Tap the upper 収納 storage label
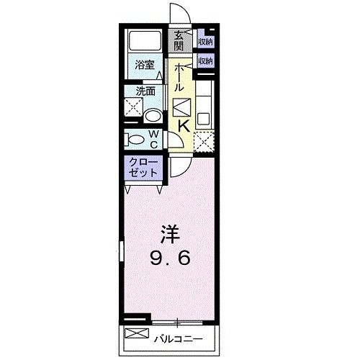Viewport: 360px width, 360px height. (x=205, y=42)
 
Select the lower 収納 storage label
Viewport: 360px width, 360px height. (x=205, y=61)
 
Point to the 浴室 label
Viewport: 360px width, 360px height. (x=144, y=66)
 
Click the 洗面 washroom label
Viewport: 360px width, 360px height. (x=147, y=92)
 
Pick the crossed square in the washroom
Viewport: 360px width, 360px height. (x=132, y=109)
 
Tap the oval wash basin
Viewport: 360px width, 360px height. (x=153, y=115)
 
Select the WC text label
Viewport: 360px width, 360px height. (x=154, y=138)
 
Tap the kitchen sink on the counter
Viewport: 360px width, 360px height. (x=202, y=116)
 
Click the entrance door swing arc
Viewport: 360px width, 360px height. (x=178, y=16)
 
